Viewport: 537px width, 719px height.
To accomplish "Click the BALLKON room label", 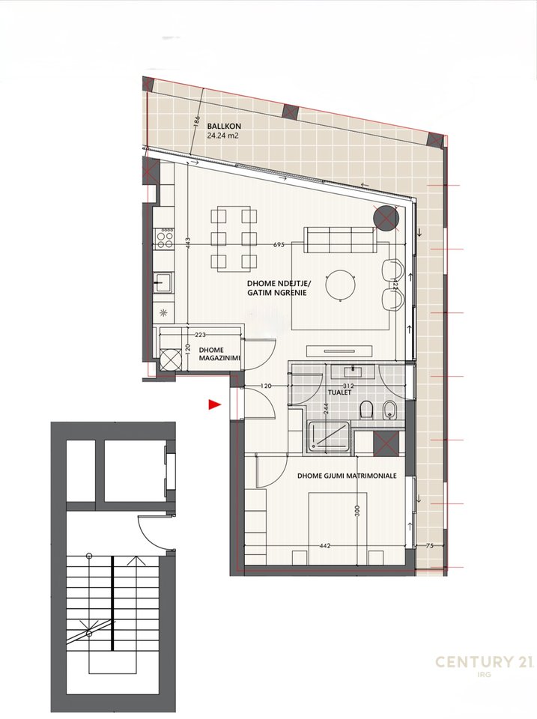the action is pos(224,126).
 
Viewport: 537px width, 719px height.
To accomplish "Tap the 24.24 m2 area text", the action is pos(223,136).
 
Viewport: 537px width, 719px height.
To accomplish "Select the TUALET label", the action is pos(339,392).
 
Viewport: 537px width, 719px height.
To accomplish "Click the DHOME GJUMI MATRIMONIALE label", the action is pos(347,476).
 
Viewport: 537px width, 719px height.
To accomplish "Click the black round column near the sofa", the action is pos(384,218).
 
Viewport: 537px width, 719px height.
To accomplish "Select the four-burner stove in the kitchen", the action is pos(165,238).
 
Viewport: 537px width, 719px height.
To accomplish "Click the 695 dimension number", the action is pos(279,245).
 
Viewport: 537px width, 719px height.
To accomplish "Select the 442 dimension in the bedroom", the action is pos(324,546).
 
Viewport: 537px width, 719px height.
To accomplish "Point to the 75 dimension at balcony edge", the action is pos(429,546).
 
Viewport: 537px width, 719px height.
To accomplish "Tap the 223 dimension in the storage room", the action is pos(200,335).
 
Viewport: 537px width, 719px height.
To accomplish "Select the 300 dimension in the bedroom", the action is pos(358,510).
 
